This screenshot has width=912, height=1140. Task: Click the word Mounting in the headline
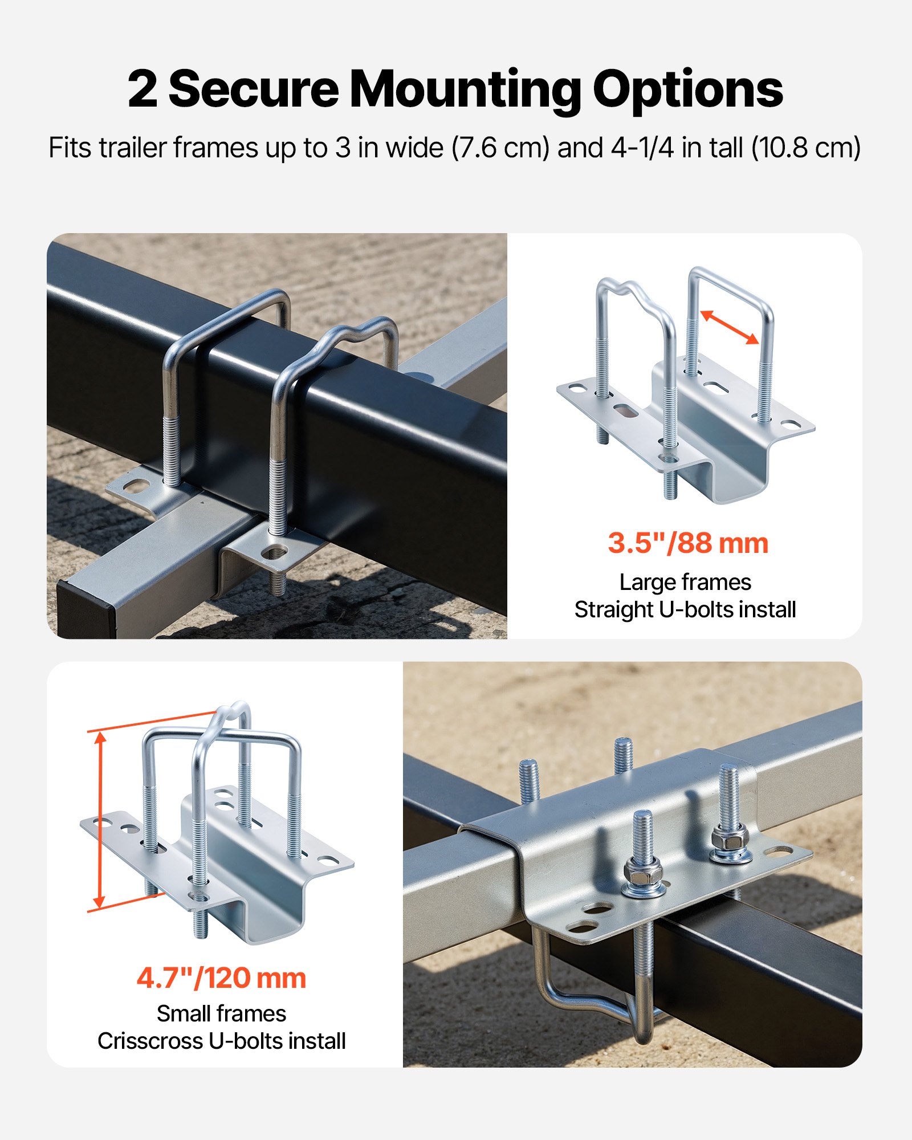point(465,89)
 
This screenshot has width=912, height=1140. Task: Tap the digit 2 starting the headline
point(142,89)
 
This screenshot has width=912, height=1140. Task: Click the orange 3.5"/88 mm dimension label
point(688,543)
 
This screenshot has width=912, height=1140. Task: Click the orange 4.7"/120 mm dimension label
point(221,978)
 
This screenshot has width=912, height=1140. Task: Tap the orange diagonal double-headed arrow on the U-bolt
point(729,327)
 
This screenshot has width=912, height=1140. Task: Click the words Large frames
point(685,582)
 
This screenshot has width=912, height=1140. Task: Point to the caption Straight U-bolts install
point(685,609)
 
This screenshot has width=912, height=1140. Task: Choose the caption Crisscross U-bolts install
point(221,1041)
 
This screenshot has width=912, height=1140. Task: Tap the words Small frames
point(221,1013)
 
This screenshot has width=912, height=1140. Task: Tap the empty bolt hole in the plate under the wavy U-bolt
point(275,552)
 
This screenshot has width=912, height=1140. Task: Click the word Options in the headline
point(687,89)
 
